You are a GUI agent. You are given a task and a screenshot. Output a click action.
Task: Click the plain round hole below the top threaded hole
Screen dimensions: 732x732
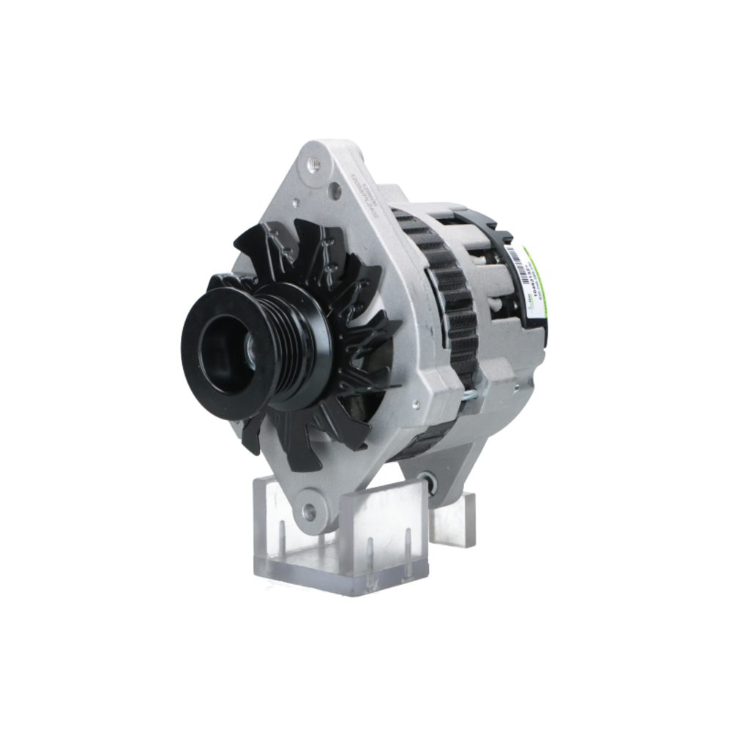coord(335,192)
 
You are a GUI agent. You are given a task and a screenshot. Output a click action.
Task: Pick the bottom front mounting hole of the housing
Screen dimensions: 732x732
coord(310,510)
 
